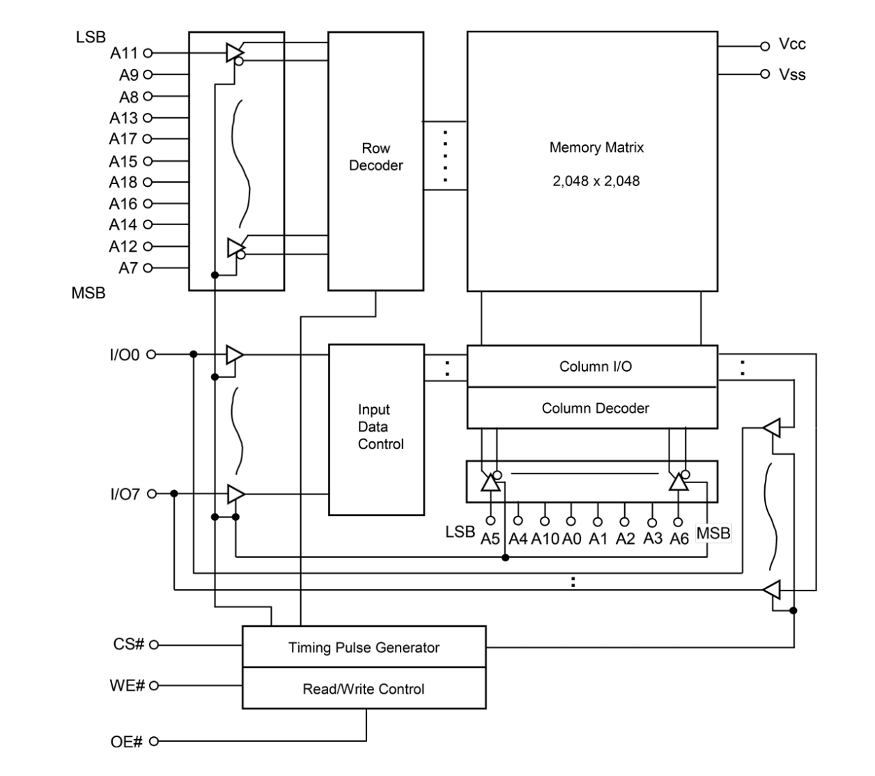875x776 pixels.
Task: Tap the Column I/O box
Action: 592,367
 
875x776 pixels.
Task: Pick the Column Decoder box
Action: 592,409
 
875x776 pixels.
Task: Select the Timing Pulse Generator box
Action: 364,648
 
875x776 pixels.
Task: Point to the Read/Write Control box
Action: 364,689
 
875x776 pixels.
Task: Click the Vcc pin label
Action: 792,45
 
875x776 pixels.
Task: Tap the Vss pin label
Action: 792,74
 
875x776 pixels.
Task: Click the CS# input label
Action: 130,644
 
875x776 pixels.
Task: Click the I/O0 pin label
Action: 125,354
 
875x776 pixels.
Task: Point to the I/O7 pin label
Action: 125,494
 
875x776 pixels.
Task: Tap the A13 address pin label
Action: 124,117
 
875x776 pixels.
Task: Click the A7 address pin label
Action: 128,267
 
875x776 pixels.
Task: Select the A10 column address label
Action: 545,538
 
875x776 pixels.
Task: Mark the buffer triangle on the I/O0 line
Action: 235,355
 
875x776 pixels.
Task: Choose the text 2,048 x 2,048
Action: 596,181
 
